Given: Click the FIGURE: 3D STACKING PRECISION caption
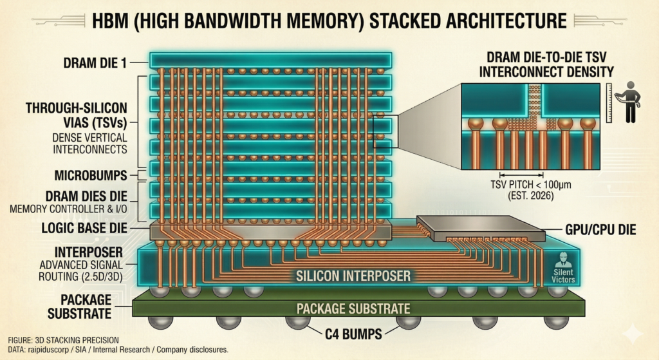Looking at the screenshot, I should click(x=64, y=339).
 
